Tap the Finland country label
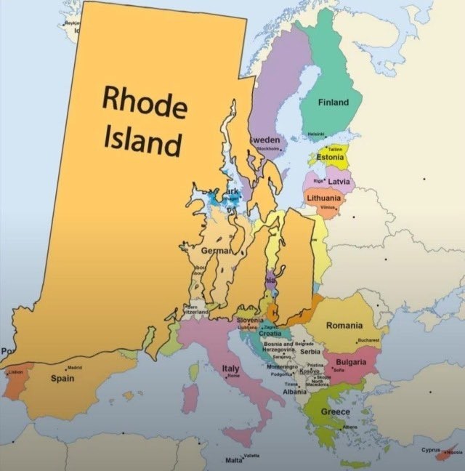click(333, 102)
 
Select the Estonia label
click(331, 158)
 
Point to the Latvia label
click(339, 181)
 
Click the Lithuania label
click(323, 198)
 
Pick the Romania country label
click(344, 326)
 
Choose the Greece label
click(336, 412)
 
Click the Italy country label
click(230, 369)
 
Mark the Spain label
click(62, 378)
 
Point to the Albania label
click(294, 392)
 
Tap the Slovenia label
click(250, 320)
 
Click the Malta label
click(234, 460)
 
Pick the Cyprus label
click(432, 451)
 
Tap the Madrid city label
click(73, 368)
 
